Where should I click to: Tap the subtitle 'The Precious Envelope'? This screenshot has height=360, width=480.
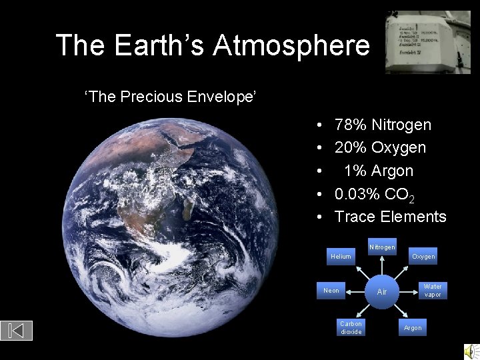coord(171,97)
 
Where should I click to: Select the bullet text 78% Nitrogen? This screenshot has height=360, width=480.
coord(383,125)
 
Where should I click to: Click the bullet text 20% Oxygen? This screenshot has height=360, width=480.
coord(380,147)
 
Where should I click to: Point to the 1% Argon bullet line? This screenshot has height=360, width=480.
coord(378,171)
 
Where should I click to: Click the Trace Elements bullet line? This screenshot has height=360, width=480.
coord(390,217)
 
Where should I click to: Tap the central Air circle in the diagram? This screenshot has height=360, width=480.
coord(382,292)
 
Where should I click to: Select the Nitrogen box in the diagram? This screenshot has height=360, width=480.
coord(382,247)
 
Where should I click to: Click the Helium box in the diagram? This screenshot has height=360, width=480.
coord(341,257)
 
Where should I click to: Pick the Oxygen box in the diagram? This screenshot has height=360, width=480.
coord(423,257)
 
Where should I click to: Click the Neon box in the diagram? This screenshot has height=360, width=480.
coord(331,291)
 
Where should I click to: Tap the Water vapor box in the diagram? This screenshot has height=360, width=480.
coord(433,291)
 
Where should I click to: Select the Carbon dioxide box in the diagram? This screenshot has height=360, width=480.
coord(351,327)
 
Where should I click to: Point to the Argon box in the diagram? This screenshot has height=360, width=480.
coord(413,328)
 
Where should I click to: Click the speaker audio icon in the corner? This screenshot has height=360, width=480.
coord(471,351)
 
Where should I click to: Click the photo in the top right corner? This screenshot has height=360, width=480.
coord(427,41)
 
